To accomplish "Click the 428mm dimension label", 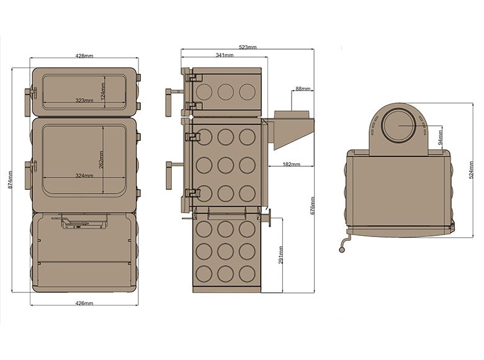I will click(x=84, y=56).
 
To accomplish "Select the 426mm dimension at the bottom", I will click(x=84, y=303).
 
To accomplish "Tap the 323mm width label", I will click(x=84, y=100).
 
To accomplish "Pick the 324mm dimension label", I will click(x=84, y=176).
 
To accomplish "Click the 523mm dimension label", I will click(x=247, y=47).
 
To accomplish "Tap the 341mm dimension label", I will click(x=225, y=55).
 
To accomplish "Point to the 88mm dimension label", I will click(x=303, y=89).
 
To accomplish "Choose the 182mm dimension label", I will click(x=290, y=164).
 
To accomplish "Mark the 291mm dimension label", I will click(x=281, y=254).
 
